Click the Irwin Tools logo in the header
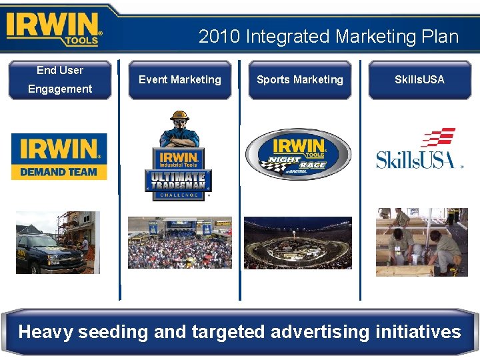coord(53,28)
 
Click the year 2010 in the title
coord(219,36)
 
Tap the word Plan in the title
coord(436,36)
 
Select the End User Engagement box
coord(60,79)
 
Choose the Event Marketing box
coord(179,79)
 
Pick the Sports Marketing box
coord(299,79)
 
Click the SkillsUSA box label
coord(419,79)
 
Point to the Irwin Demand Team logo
coord(59,157)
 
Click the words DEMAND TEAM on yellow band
coord(59,172)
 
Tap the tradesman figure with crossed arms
coord(179,129)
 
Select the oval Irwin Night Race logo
coord(298,155)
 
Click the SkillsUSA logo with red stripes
coord(419,149)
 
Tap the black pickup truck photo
coord(57,243)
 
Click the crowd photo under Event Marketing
coord(179,243)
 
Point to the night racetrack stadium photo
coord(297,243)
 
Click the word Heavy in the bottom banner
coord(46,331)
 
